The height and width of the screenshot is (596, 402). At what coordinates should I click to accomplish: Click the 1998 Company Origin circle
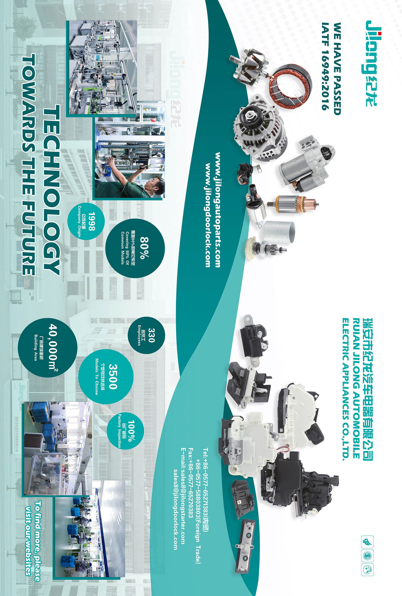coord(86,221)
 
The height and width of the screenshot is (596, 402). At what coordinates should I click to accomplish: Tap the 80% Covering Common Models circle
coord(135,248)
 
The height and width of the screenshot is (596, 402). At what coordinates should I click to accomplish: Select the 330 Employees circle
coord(146,335)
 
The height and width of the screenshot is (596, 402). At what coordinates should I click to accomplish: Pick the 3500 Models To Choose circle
coord(106,377)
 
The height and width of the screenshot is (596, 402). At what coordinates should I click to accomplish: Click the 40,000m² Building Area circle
coord(47,348)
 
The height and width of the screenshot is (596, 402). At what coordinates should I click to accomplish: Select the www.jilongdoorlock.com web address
coord(207,215)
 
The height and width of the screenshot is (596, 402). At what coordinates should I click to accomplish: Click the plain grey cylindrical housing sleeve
coord(279,231)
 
